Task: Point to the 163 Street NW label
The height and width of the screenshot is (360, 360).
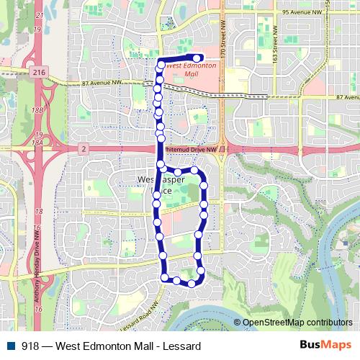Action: tap(275, 51)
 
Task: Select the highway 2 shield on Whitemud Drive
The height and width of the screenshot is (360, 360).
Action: tap(84, 148)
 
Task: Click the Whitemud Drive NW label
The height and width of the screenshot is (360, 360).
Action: tap(190, 149)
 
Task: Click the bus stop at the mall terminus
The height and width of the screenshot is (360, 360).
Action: tap(197, 58)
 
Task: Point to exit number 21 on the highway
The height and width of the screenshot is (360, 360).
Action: tap(37, 14)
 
